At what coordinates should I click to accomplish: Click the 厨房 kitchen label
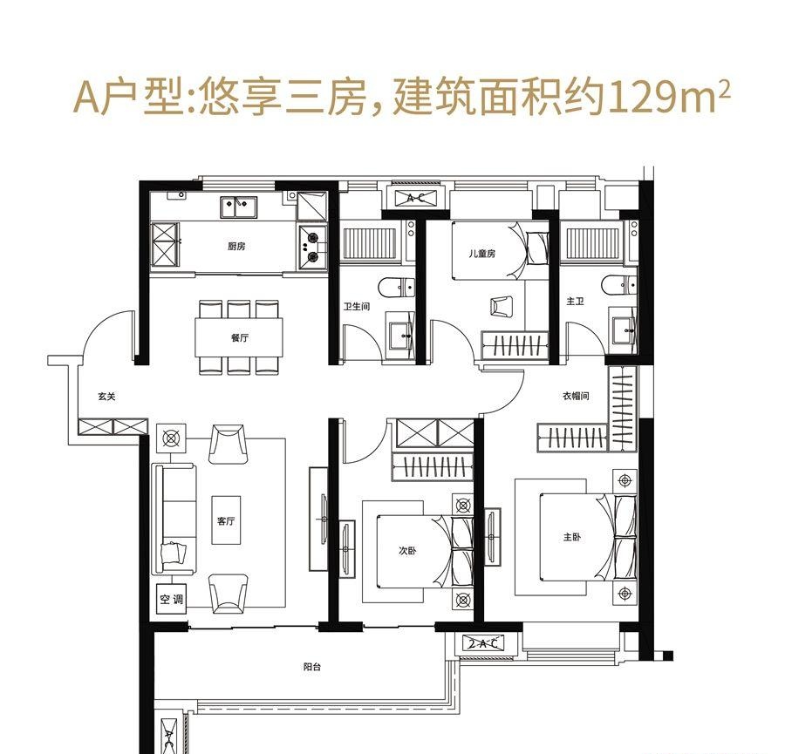click(x=236, y=247)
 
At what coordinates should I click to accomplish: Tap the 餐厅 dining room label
click(x=241, y=338)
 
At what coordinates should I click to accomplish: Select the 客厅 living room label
click(x=226, y=521)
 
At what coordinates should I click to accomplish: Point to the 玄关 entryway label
click(x=106, y=397)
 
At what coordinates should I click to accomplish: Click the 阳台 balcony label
click(x=312, y=667)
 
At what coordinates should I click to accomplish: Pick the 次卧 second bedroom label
click(x=406, y=551)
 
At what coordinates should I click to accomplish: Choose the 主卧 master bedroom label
click(x=572, y=538)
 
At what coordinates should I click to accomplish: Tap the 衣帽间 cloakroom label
click(x=576, y=396)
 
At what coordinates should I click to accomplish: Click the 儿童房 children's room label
click(x=481, y=254)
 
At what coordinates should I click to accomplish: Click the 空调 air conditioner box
click(x=172, y=600)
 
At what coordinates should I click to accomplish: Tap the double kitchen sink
click(x=237, y=207)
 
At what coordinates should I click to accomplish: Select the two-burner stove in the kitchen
click(x=311, y=243)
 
